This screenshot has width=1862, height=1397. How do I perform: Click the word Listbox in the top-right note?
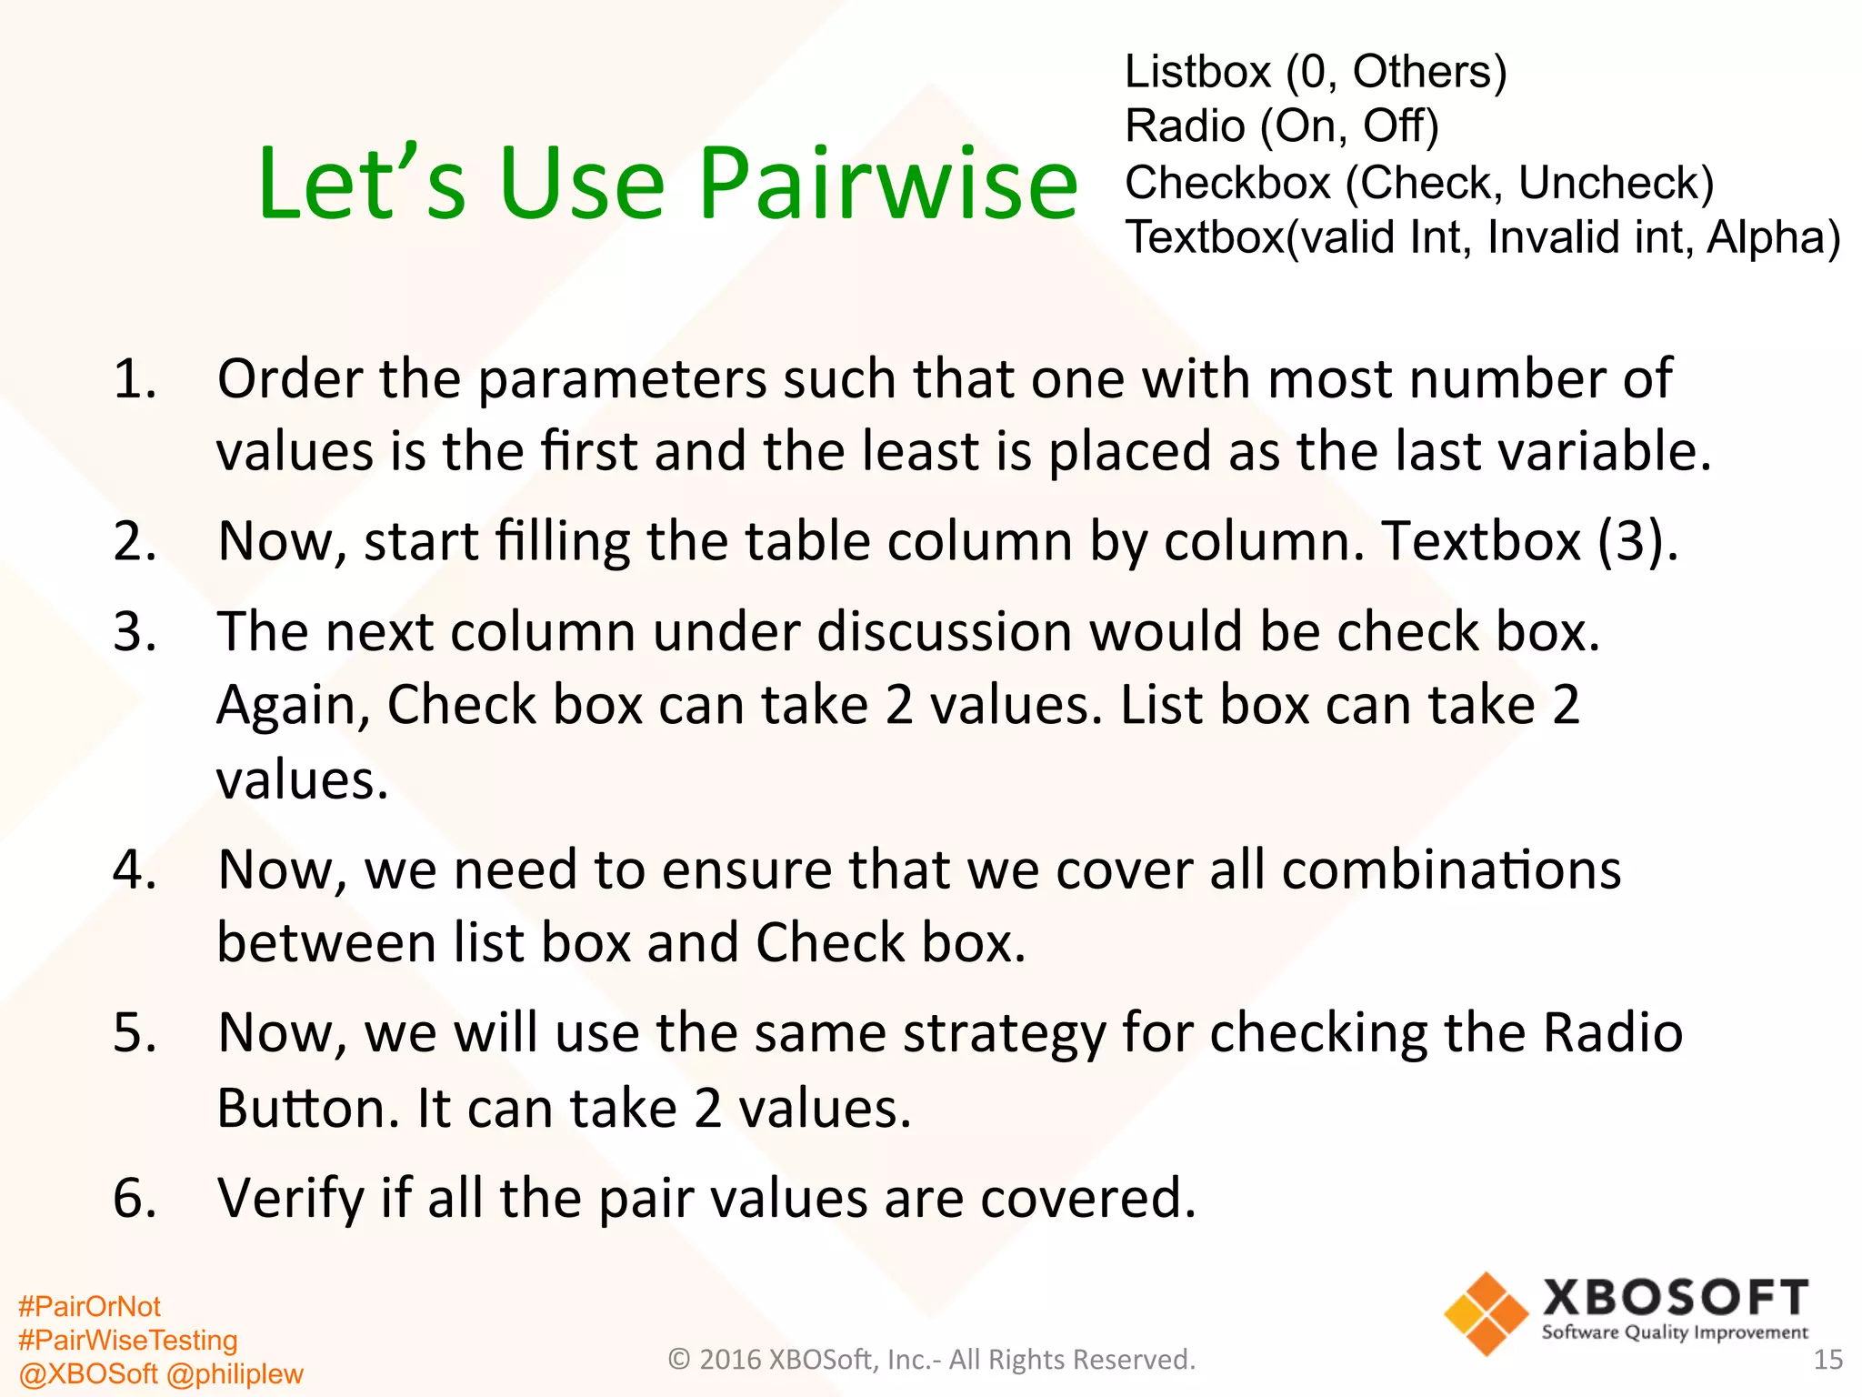click(x=1197, y=72)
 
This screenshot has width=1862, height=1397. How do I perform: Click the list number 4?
click(x=135, y=869)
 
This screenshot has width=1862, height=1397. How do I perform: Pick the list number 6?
click(x=135, y=1198)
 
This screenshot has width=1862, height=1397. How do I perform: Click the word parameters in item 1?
click(x=622, y=379)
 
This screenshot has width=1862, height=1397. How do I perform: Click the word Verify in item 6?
click(x=291, y=1198)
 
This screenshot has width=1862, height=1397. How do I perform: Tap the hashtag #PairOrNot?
click(x=89, y=1307)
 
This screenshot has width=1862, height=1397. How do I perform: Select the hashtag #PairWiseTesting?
click(x=127, y=1341)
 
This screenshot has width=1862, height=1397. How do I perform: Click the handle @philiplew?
click(x=235, y=1374)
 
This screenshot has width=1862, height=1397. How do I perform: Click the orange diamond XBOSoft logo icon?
click(x=1486, y=1314)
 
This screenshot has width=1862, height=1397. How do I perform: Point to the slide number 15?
click(x=1827, y=1360)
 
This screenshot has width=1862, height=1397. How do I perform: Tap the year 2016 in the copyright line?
click(x=730, y=1360)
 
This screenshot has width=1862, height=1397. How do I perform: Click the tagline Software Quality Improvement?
click(x=1675, y=1333)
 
